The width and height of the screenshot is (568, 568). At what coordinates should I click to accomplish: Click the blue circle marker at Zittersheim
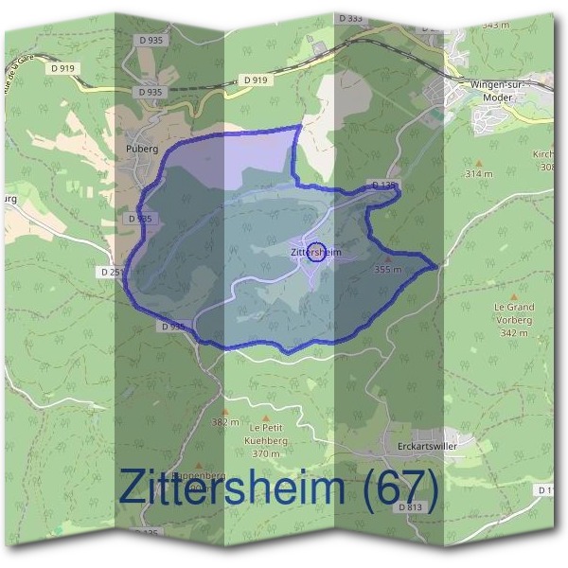tap(318, 252)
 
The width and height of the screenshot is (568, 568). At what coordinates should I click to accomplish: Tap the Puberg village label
tap(140, 149)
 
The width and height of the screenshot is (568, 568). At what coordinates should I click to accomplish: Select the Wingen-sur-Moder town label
tap(496, 90)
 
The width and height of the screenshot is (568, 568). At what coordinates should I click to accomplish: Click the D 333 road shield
tap(323, 19)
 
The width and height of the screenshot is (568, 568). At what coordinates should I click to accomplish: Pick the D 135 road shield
tap(384, 185)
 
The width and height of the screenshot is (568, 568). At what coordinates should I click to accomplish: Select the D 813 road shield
tap(411, 507)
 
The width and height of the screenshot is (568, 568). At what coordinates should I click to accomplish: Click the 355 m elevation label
tap(388, 270)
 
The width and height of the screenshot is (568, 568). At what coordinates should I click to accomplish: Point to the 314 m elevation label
tap(479, 174)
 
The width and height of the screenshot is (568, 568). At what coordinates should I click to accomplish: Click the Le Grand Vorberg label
tap(514, 313)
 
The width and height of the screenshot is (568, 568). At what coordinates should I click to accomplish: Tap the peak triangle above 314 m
tap(479, 163)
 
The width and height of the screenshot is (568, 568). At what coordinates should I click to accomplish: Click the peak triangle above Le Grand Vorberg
tap(514, 296)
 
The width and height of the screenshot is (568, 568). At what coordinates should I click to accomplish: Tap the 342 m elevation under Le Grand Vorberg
tap(514, 333)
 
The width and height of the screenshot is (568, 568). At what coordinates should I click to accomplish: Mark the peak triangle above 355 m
tap(387, 257)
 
